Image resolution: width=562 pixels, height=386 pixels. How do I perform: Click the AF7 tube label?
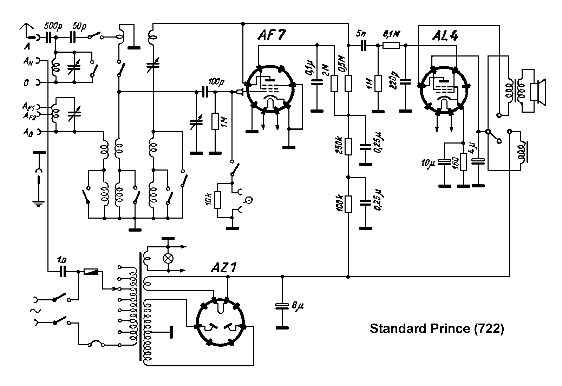(x=272, y=35)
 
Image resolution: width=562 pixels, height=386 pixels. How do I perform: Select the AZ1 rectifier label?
(x=224, y=268)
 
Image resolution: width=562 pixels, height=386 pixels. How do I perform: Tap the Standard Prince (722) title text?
(x=437, y=329)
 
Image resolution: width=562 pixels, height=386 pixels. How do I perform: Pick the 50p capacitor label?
(x=80, y=26)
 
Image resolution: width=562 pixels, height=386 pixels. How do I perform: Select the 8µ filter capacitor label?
(x=297, y=306)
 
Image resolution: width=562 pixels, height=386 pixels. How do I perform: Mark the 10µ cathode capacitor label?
(x=429, y=163)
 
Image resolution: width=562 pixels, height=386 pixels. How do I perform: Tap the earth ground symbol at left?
(x=38, y=202)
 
